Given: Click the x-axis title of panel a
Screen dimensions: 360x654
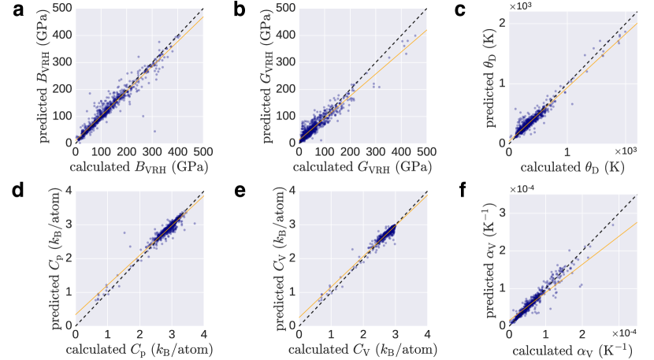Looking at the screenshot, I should (139, 167).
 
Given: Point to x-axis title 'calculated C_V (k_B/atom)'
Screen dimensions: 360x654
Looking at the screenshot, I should (362, 347).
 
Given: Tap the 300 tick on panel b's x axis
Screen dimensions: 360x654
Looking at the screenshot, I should (375, 151).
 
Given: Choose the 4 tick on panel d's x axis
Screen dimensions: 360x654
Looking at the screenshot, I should (203, 332).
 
